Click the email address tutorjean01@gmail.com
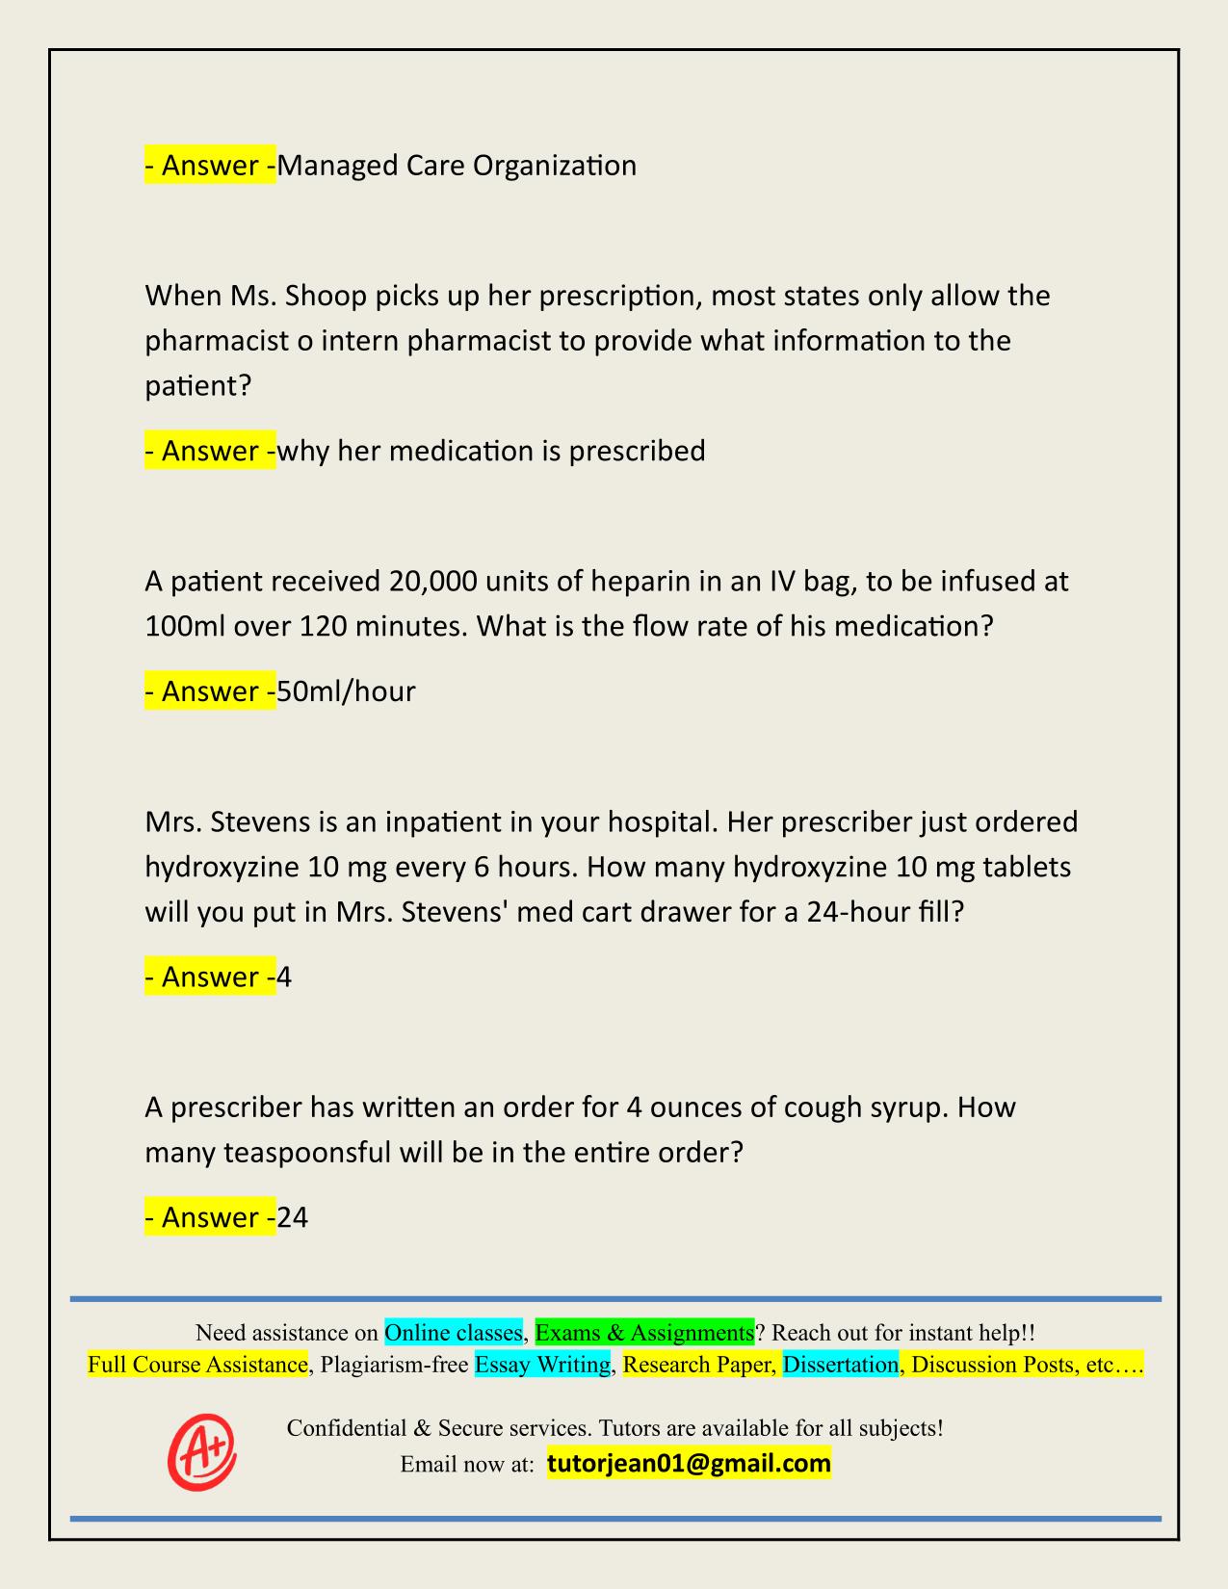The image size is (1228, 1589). point(689,1464)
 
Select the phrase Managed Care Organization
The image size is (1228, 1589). point(457,166)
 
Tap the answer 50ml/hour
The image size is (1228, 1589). point(346,691)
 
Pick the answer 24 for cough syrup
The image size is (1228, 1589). point(293,1218)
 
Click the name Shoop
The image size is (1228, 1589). point(327,295)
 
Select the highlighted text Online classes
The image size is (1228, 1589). point(453,1333)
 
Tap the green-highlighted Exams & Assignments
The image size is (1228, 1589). point(644,1333)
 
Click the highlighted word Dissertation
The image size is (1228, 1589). point(840,1365)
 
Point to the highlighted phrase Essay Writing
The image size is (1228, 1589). point(542,1365)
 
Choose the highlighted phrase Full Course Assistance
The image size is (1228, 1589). point(197,1365)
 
